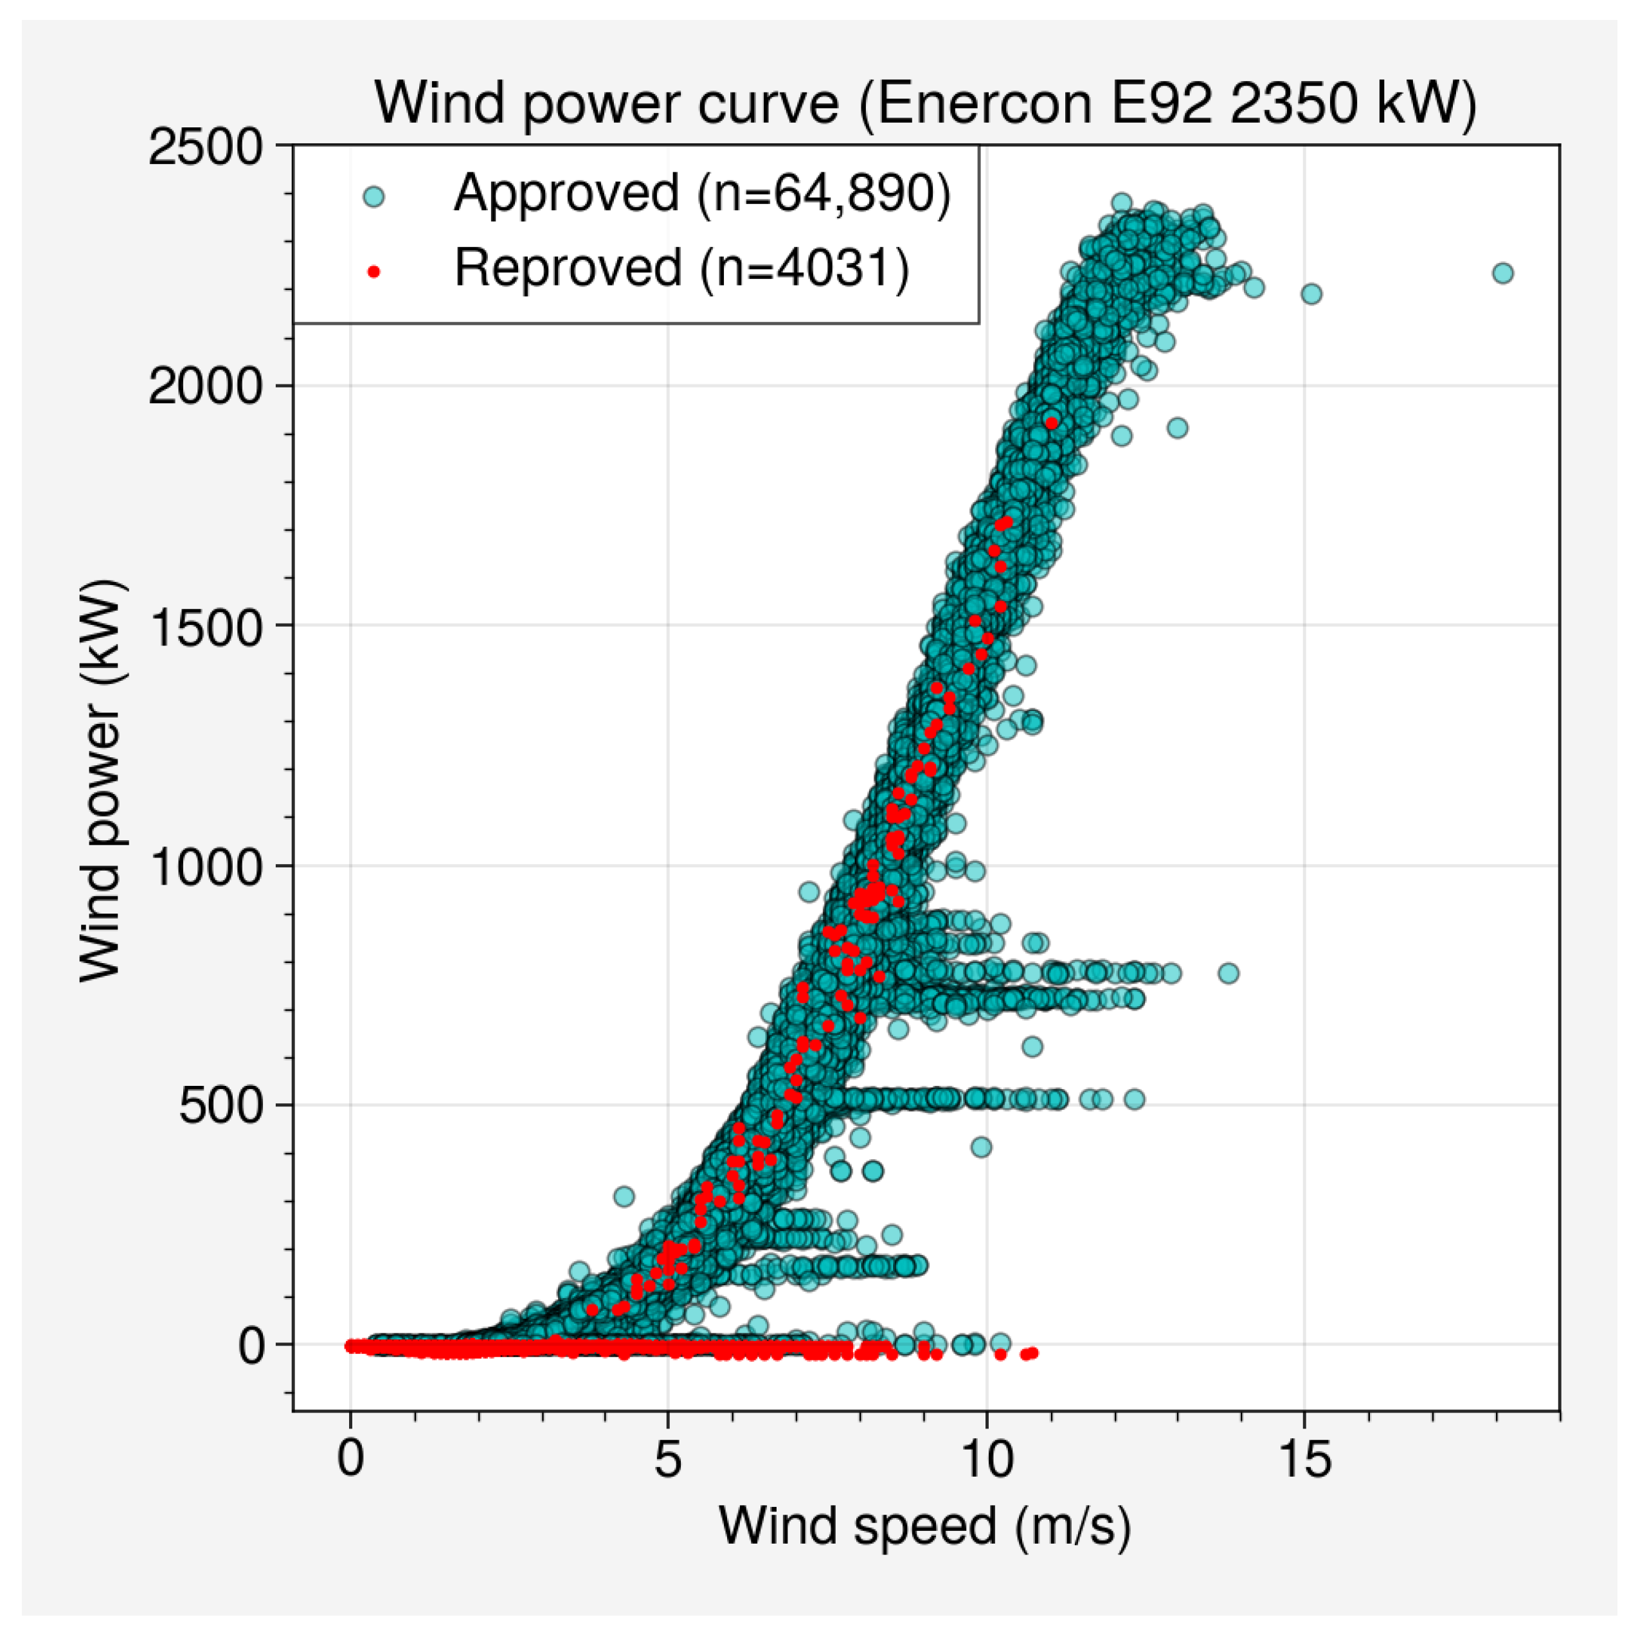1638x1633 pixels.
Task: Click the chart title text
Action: click(x=926, y=104)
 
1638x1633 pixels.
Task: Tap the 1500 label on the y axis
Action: click(x=206, y=627)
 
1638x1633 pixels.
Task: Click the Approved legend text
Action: click(x=702, y=194)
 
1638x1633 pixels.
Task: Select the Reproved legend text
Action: click(x=681, y=268)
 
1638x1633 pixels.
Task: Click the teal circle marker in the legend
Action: click(x=373, y=197)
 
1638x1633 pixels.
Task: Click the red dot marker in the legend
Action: click(x=373, y=271)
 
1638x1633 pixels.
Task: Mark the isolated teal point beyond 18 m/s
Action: click(x=1503, y=273)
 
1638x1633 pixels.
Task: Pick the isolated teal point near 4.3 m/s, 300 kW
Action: click(x=624, y=1197)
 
